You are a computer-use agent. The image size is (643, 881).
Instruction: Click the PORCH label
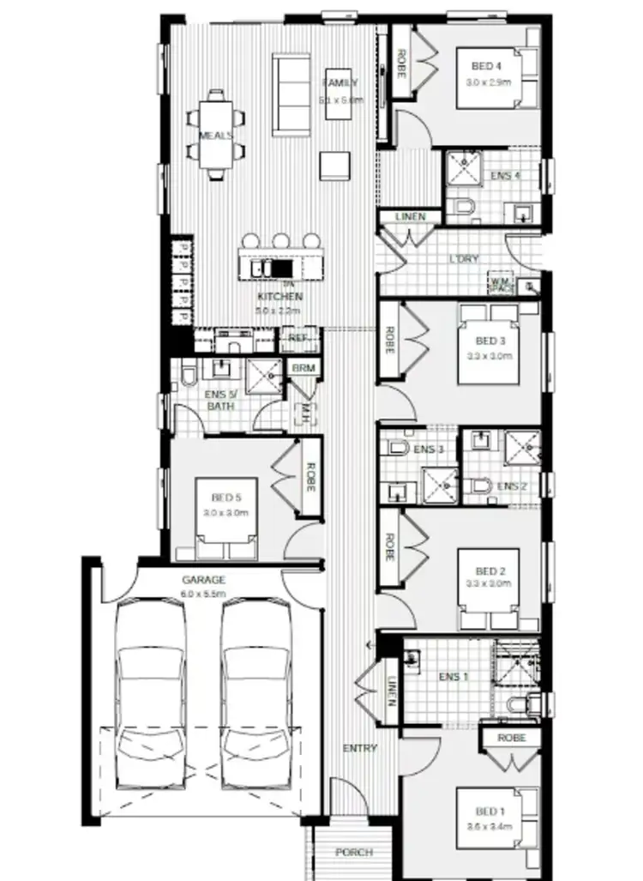(x=354, y=852)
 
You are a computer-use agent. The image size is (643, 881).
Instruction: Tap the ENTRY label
(x=360, y=748)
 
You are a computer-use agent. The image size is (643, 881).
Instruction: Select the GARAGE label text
(x=203, y=580)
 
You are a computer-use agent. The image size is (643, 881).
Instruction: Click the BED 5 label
(x=225, y=497)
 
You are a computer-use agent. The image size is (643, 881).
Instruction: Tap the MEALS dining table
(x=216, y=136)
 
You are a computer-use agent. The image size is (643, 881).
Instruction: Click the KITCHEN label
(x=279, y=297)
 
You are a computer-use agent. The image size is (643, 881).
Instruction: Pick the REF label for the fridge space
(x=297, y=339)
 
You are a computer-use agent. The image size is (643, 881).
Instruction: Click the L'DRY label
(x=464, y=258)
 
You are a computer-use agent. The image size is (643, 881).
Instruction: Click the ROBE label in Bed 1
(x=512, y=738)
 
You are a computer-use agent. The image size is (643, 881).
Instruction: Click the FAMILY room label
(x=340, y=83)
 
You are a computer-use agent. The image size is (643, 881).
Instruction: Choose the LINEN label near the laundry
(x=410, y=217)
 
